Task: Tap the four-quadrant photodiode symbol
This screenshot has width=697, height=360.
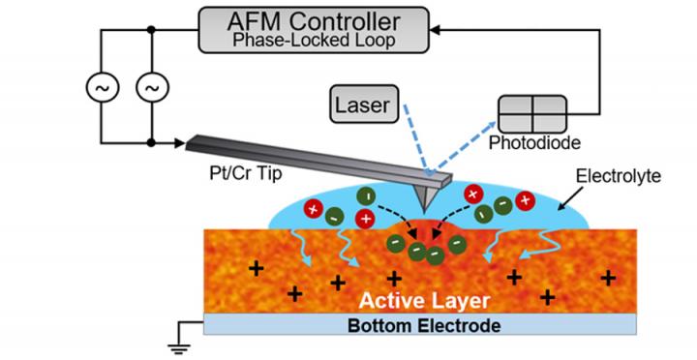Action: tap(531, 114)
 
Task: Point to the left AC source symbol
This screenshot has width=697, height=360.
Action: tap(101, 88)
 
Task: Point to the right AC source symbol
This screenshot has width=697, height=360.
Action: tap(150, 88)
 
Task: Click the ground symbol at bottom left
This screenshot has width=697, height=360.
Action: tap(173, 341)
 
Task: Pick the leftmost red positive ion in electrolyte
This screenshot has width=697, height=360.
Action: tap(313, 208)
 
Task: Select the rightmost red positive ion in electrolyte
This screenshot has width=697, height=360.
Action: tap(525, 199)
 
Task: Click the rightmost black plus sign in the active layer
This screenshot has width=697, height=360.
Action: tap(608, 278)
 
